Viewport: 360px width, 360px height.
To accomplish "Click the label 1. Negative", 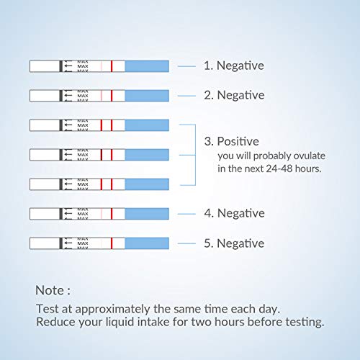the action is tap(234, 66).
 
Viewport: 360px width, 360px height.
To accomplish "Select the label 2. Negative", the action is tap(234, 95).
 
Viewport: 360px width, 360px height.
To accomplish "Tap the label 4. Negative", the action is tap(234, 213).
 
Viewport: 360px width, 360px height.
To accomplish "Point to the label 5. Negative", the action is tap(234, 243).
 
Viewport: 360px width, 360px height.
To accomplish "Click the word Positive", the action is tap(238, 141).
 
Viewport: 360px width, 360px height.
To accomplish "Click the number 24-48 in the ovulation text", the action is tap(279, 168).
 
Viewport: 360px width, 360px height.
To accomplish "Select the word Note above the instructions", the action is tap(50, 290).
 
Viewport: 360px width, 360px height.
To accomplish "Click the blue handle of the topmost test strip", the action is tap(147, 66).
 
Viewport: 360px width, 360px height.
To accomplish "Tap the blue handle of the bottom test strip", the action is tap(147, 243).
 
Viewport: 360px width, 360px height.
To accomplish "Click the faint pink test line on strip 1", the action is tap(102, 66).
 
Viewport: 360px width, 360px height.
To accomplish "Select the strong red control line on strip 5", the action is tap(112, 243).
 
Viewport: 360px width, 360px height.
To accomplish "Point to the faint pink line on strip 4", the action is tap(102, 214).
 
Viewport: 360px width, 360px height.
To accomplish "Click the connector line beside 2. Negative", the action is tap(186, 96).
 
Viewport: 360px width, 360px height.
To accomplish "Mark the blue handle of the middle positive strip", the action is tap(147, 155).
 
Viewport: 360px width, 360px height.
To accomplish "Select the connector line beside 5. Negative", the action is tap(186, 243).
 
